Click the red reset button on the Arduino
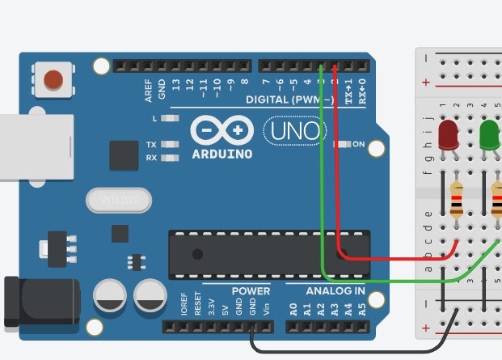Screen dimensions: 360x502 click(53, 79)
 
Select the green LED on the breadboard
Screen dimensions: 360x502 click(490, 135)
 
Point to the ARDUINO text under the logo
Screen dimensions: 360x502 click(221, 154)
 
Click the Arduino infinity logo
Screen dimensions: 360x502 click(221, 130)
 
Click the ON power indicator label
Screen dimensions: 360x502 click(358, 145)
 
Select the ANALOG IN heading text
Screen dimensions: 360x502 click(335, 290)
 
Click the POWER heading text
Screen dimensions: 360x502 click(251, 290)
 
